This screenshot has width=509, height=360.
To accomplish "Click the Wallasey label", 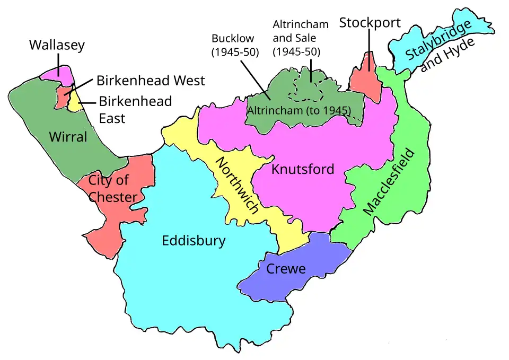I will [57, 46].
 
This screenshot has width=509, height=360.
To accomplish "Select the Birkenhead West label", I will [150, 81].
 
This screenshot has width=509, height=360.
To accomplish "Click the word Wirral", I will [68, 137].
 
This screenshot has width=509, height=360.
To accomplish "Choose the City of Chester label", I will [112, 188].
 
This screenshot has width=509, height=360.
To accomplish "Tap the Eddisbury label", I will [194, 241].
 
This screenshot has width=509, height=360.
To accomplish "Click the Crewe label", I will [286, 269].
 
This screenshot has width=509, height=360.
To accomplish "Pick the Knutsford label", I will [303, 169].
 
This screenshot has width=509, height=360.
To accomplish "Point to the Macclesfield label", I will [388, 181].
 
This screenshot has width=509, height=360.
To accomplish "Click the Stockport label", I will [370, 23].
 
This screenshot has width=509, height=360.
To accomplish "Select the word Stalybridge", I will [438, 41].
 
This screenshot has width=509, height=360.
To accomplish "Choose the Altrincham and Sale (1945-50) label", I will [301, 38].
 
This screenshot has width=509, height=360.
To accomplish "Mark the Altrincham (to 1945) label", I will [300, 111].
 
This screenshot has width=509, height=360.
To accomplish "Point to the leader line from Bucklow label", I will [255, 78].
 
